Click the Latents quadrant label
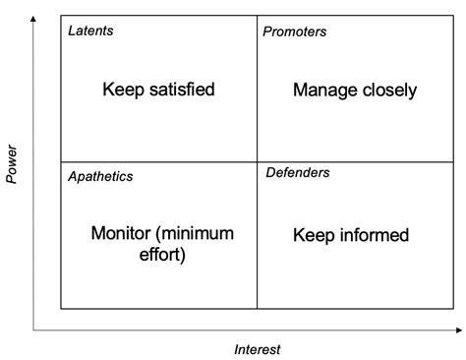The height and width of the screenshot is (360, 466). pos(90,30)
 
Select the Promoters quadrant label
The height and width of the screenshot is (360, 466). pos(295,31)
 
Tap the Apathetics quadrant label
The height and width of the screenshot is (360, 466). pos(100,176)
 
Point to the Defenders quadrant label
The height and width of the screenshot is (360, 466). pos(298,173)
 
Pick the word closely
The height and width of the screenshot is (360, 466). pos(386,90)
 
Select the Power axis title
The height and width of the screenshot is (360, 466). pos(12,164)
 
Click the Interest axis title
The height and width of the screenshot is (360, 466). pos(258,349)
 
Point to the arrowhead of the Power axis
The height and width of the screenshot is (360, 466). pos(34,22)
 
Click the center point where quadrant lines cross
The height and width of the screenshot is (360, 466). pos(257,162)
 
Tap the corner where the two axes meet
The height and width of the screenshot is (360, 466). pos(34,329)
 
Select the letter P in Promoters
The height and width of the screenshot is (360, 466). pos(267,31)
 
